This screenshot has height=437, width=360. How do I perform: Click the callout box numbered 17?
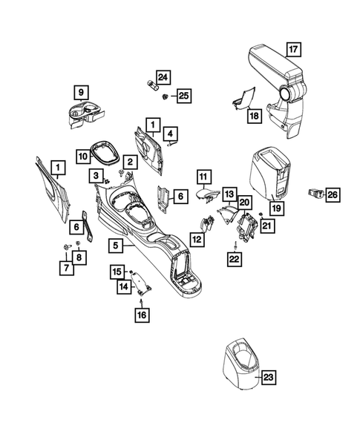tap(293, 50)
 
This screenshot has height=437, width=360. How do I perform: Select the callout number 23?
tap(269, 378)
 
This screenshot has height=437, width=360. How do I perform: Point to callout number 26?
tap(333, 194)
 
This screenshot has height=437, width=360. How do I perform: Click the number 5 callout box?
tap(115, 243)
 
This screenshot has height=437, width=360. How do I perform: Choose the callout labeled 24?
tap(163, 77)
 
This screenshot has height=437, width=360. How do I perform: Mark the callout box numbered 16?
tap(141, 315)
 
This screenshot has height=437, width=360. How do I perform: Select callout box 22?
tap(235, 259)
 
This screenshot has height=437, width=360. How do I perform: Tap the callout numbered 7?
tap(68, 267)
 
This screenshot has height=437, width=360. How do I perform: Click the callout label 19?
tap(278, 208)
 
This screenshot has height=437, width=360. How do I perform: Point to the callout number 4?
tap(171, 134)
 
